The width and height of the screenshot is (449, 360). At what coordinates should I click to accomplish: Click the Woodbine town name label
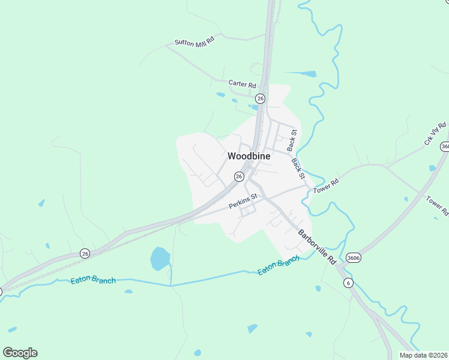(249, 156)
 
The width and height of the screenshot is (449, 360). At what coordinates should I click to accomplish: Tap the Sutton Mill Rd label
(194, 42)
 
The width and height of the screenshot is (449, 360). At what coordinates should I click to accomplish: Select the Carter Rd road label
(243, 84)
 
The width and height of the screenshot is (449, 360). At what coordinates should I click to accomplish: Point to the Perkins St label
(243, 201)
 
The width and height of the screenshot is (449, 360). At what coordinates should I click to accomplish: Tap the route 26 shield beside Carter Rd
(260, 98)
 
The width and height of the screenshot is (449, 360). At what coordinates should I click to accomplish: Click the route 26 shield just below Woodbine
(239, 176)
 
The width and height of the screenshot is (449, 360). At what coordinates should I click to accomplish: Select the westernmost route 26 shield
(85, 253)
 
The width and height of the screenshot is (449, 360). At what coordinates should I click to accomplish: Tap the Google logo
(20, 353)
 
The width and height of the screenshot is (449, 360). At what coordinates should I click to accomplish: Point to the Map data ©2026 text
(423, 355)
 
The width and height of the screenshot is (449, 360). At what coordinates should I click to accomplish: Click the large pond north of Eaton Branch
(160, 258)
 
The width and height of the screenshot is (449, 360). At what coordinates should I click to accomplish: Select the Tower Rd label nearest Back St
(326, 184)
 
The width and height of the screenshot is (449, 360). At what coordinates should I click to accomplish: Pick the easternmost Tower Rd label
(437, 205)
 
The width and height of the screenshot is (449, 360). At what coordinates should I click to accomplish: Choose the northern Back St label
(292, 140)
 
